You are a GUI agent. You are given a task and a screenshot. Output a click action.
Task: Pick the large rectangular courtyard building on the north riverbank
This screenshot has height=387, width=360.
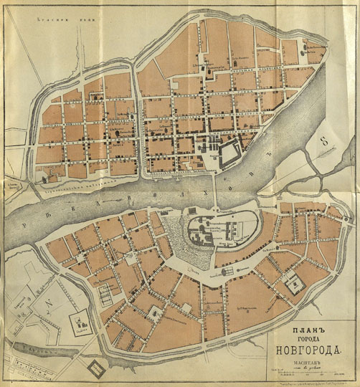click(230, 151)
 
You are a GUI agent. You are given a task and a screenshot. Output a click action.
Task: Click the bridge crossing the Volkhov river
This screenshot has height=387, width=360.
click(217, 194)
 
